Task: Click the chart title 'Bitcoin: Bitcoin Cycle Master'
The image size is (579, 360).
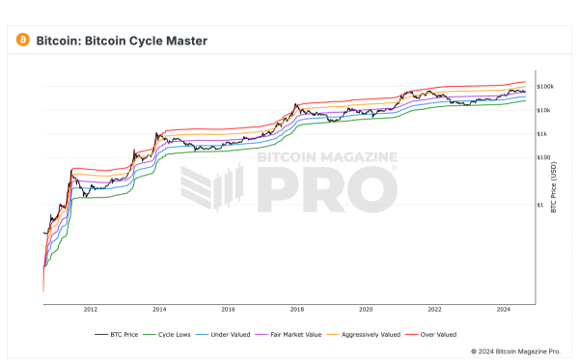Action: (122, 42)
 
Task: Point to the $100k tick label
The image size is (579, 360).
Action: (545, 87)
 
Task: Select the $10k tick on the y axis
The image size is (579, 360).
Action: (544, 110)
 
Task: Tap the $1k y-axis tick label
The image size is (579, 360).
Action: (542, 133)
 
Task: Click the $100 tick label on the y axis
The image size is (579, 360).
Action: (543, 156)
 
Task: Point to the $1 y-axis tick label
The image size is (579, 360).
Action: (540, 204)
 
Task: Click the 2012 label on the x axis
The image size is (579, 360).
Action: (91, 310)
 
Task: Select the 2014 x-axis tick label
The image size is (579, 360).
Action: (159, 310)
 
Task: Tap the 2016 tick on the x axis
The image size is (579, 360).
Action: (228, 310)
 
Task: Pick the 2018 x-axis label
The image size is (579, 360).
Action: (297, 310)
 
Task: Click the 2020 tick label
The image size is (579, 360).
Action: (366, 310)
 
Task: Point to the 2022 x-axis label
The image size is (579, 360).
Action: (435, 310)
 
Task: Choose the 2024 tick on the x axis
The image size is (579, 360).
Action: (504, 310)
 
